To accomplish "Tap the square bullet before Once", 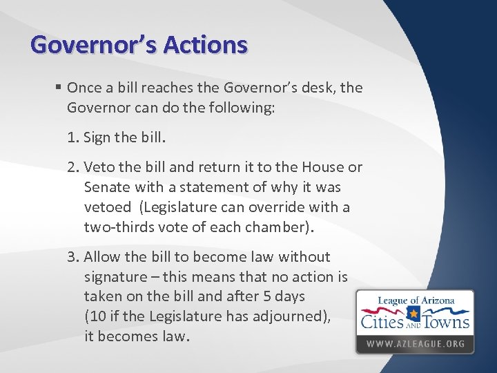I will pyautogui.click(x=59, y=88).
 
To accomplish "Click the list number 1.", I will pyautogui.click(x=72, y=137).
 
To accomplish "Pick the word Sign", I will pyautogui.click(x=97, y=137).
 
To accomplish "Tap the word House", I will pyautogui.click(x=321, y=168).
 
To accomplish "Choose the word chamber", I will pyautogui.click(x=266, y=227).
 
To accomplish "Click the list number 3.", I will pyautogui.click(x=72, y=257).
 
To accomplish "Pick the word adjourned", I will pyautogui.click(x=289, y=317).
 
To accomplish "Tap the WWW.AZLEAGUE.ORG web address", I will pyautogui.click(x=415, y=344).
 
